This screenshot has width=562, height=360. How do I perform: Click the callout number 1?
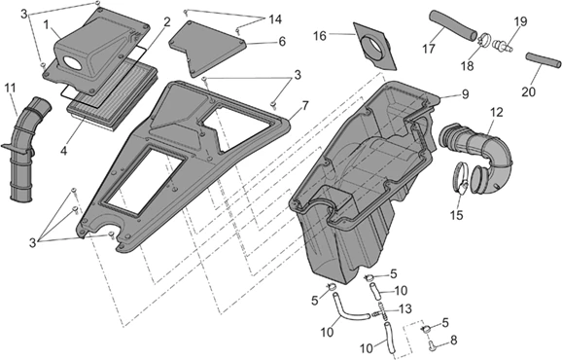pos(46,25)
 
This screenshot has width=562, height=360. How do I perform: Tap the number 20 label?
pos(528,92)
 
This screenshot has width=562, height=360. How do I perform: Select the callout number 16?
pos(320,36)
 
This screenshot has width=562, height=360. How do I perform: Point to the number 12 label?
pos(496,112)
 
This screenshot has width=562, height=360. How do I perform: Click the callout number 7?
pos(305,106)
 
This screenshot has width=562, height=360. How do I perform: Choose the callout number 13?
pos(405,308)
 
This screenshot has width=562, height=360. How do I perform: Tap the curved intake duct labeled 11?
pos(26,151)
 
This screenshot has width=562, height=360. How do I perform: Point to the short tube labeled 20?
pos(544,59)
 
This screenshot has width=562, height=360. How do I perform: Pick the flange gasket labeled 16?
pos(375,47)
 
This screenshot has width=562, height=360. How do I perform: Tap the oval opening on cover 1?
pos(74,63)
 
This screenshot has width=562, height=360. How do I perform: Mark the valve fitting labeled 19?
pos(503,45)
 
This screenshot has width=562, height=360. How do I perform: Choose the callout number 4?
pos(63,151)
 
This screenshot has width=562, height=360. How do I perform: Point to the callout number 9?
pos(465,94)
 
